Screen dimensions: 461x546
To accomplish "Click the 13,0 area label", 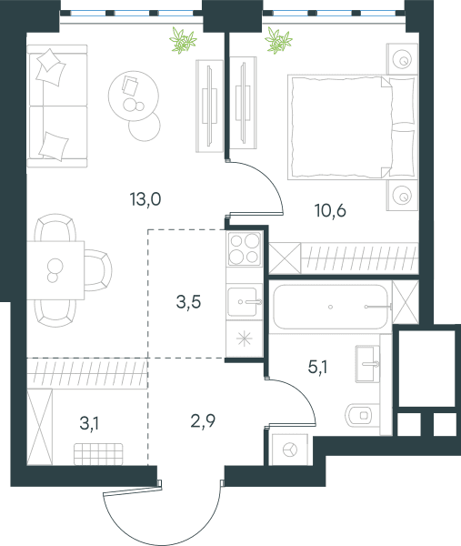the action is (145, 199).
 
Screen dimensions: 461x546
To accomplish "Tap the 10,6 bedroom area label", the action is (330, 211).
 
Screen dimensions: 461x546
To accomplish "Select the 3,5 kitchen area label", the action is (188, 301).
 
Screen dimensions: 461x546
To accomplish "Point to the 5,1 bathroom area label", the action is (317, 367).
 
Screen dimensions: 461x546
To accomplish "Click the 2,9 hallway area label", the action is (203, 421).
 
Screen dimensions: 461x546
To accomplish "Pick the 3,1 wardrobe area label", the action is (89, 424).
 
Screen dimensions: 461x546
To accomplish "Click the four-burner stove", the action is (245, 248).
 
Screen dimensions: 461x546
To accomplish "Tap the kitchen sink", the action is (245, 301).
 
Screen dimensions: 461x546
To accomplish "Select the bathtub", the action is (330, 307).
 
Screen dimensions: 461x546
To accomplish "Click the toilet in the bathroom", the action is (360, 415).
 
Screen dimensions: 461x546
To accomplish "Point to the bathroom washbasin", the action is (367, 363).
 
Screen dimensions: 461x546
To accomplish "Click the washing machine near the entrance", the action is (289, 450).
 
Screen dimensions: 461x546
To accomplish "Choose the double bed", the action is (352, 126).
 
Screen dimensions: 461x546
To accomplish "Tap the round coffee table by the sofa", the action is (134, 96).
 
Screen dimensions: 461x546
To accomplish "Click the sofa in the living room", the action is (57, 106).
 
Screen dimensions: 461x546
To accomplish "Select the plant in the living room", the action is (183, 41).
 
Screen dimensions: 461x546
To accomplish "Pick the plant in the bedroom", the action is (278, 41).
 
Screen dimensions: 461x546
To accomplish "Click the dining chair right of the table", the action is (98, 270).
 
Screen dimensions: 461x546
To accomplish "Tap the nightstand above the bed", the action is (402, 59).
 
